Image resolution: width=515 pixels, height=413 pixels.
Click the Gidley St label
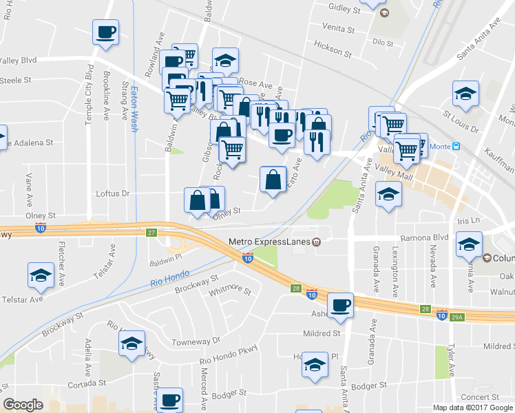[x=344, y=10]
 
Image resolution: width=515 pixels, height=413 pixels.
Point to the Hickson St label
[x=333, y=51]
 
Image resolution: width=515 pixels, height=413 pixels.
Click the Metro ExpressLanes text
[x=270, y=242]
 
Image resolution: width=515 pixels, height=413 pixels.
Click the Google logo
[x=23, y=405]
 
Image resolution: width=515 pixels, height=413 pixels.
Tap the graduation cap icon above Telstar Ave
[x=41, y=275]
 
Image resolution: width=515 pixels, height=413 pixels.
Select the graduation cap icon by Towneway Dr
[x=132, y=343]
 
